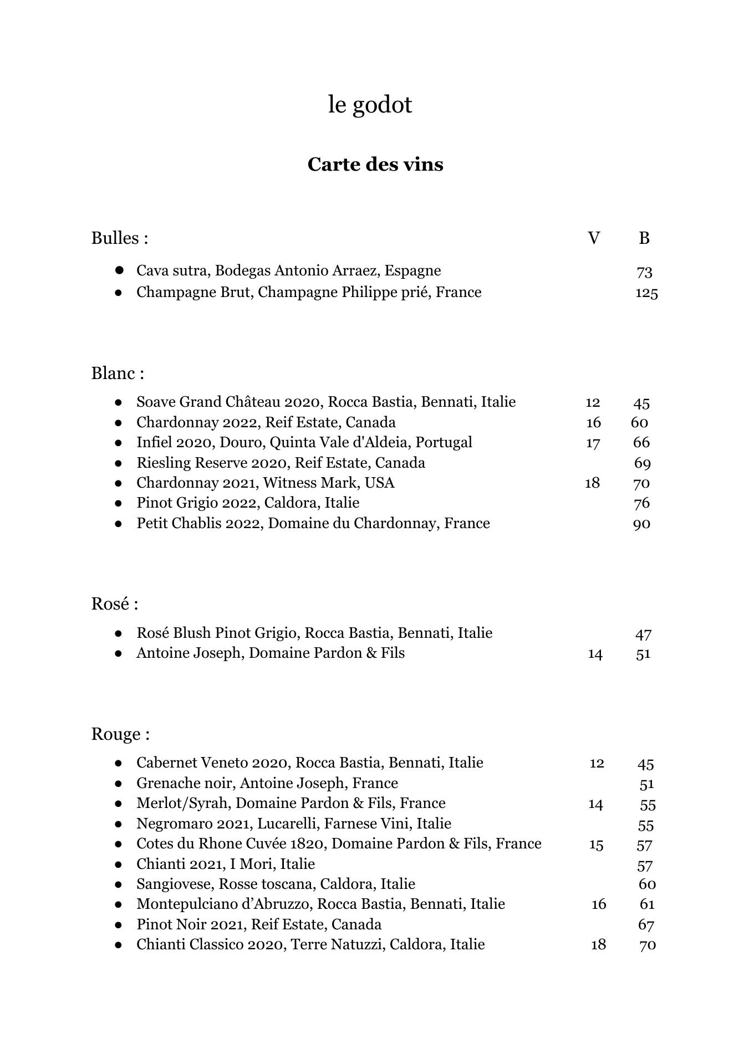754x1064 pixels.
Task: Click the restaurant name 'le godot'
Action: point(370,105)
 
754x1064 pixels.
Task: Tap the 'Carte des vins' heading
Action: point(375,165)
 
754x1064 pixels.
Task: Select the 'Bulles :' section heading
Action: point(120,238)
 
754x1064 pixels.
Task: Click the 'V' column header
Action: point(593,238)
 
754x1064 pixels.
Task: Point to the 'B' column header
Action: point(644,238)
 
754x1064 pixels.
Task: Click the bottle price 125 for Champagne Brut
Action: point(646,293)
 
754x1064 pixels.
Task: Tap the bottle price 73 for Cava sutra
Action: point(644,272)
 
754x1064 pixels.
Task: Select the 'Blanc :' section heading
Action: point(118,373)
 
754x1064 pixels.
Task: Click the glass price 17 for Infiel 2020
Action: point(593,443)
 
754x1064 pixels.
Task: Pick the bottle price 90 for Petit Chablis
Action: point(641,524)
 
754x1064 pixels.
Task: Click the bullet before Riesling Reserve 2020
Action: point(118,463)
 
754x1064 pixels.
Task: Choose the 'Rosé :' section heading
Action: point(115,603)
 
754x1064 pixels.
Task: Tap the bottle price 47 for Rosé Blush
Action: point(643,634)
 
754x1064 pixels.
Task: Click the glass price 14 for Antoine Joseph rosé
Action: point(595,654)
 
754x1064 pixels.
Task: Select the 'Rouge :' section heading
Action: point(120,734)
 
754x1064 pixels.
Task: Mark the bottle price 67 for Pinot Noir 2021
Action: point(646,925)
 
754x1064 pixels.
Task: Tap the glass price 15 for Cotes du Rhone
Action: point(596,845)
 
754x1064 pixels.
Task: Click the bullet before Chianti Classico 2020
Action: point(118,945)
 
